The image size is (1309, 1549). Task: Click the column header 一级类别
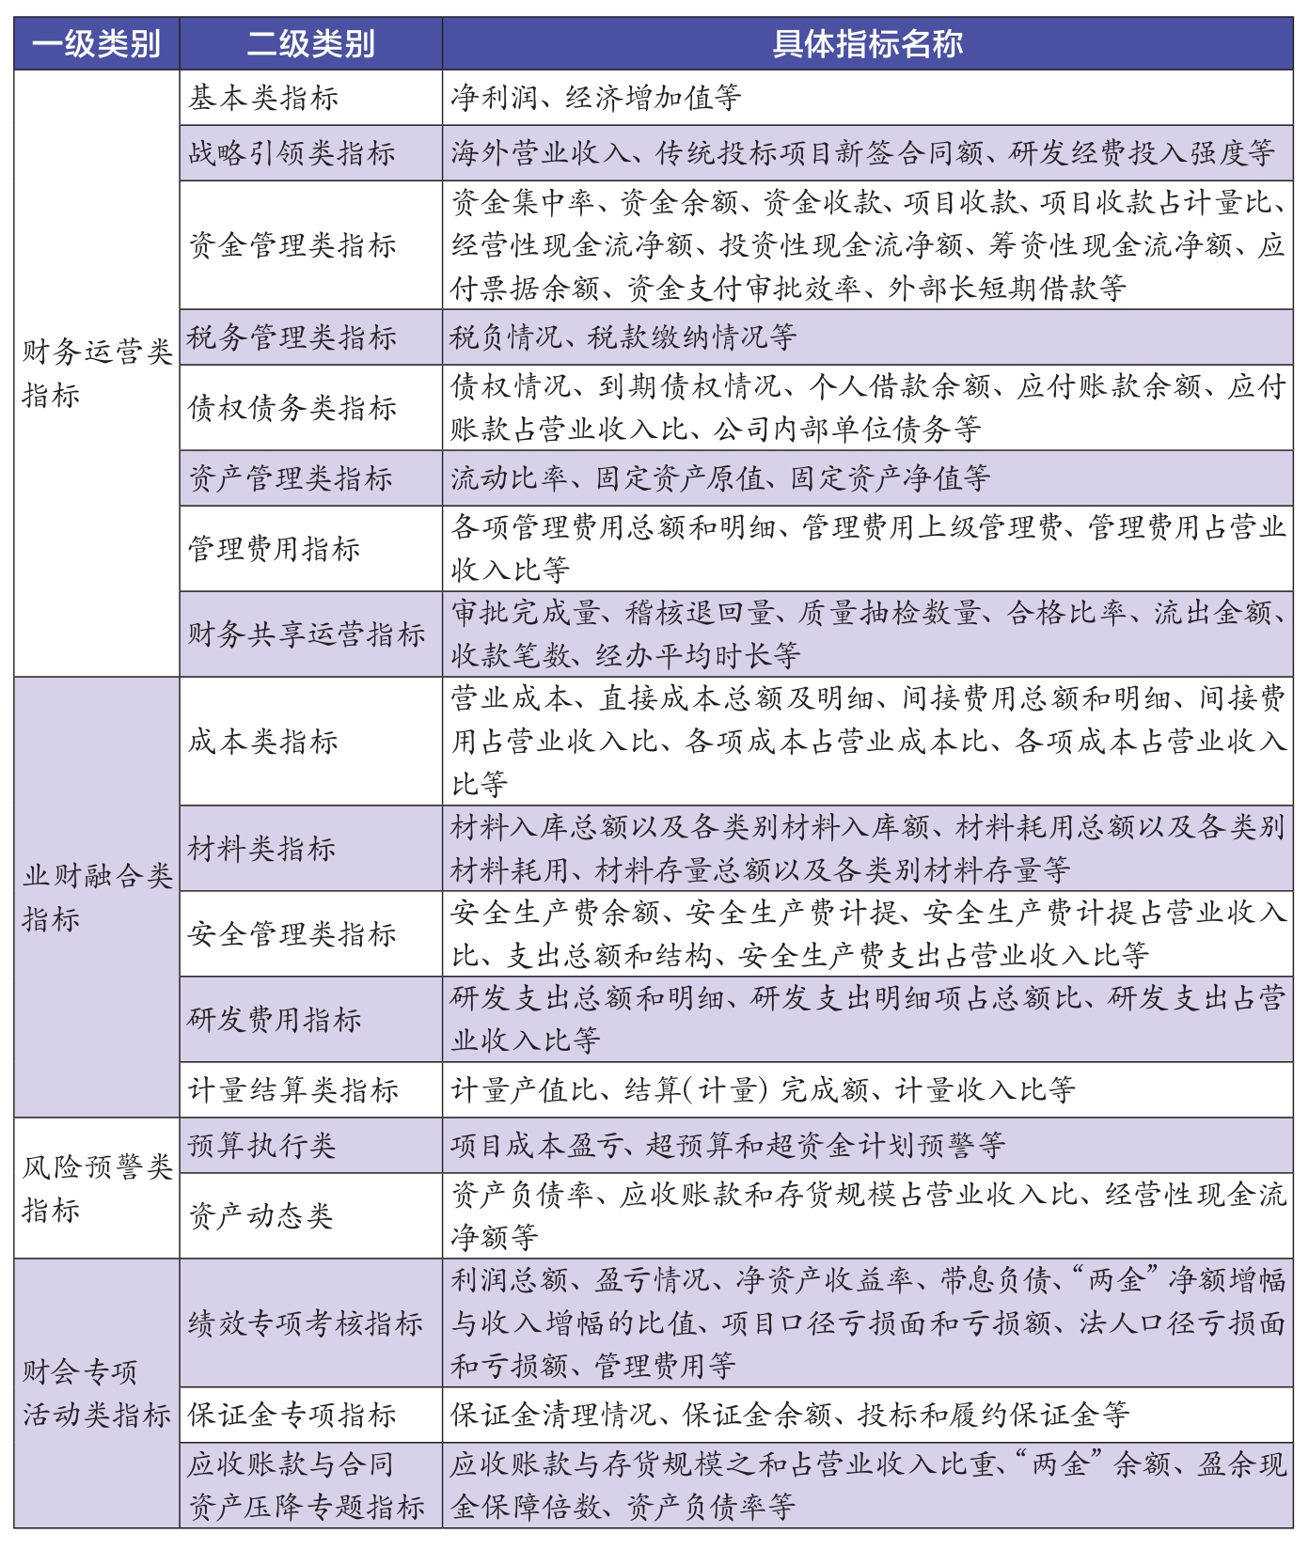[x=96, y=44]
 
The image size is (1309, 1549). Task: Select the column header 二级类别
[x=310, y=44]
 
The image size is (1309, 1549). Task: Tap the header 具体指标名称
[x=867, y=44]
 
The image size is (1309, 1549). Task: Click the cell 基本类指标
[x=263, y=98]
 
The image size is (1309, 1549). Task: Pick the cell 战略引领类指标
[x=292, y=153]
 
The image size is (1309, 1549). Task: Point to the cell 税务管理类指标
[x=292, y=337]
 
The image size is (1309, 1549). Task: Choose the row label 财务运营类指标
[x=96, y=373]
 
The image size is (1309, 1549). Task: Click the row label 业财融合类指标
[x=96, y=897]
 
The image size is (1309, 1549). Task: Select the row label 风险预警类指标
[x=96, y=1188]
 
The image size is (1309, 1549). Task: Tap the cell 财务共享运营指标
[x=307, y=634]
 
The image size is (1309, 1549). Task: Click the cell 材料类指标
[x=261, y=849]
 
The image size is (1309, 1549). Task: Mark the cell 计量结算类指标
[x=293, y=1090]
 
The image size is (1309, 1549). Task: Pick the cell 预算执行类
[x=261, y=1146]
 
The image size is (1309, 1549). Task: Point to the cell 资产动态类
[x=261, y=1216]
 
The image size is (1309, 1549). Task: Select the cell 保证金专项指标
[x=292, y=1416]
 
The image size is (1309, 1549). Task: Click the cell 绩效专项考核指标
[x=306, y=1323]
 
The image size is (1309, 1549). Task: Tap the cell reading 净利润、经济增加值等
[x=596, y=98]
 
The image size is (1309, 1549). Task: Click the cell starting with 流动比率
[x=720, y=478]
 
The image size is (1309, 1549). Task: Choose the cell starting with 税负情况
[x=623, y=337]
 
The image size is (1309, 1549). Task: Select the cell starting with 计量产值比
[x=763, y=1090]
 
